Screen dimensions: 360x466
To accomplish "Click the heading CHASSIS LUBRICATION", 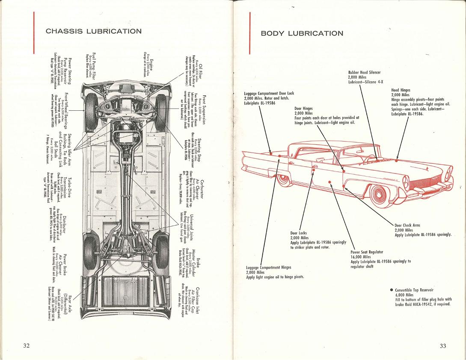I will coord(93,31).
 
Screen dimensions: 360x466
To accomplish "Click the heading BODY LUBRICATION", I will coord(302,33).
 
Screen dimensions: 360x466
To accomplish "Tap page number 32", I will coord(26,345).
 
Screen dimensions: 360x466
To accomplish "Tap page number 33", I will coord(442,345).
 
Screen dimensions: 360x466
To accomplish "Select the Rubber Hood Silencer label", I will coord(364,73).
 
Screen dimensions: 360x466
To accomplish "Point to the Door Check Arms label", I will coord(407,225).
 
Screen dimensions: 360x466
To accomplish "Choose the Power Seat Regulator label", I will coord(367,252).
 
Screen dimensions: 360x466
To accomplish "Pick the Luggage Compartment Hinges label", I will coord(269,268).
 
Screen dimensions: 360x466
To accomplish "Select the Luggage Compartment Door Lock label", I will coord(269,93).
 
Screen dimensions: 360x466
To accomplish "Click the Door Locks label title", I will coord(299,233).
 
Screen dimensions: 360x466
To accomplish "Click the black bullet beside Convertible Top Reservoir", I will coord(392,290).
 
